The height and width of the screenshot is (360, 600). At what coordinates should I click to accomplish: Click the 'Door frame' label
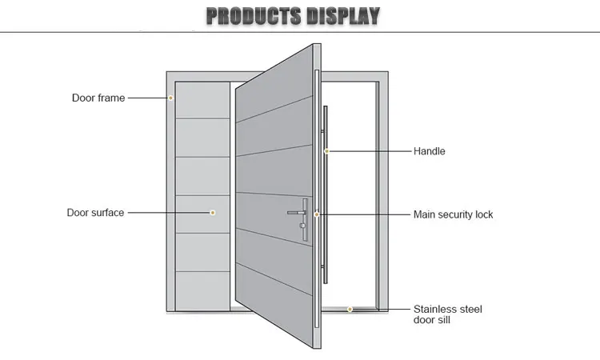pos(98,98)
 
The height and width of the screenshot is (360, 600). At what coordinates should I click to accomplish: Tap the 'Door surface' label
pos(94,213)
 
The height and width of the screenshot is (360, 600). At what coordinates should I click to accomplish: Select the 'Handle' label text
pos(429,151)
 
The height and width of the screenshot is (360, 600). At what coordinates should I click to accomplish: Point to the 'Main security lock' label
pos(453,214)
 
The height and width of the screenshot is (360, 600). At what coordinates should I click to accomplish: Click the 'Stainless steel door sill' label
pos(447,314)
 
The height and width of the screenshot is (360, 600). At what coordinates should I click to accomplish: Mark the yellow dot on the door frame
pos(170,98)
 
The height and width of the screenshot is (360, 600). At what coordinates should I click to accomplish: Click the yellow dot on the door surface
pos(213,213)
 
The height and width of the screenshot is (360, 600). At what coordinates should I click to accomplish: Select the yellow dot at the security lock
pos(317,214)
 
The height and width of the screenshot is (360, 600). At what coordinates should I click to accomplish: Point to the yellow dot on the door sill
pos(350,309)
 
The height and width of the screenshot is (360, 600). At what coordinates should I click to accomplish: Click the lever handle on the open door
pos(296,213)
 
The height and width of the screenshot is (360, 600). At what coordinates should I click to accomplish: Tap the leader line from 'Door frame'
pos(148,98)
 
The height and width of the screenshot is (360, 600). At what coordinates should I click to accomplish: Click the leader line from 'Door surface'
pos(168,213)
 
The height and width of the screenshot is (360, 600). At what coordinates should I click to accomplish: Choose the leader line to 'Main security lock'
pos(364,214)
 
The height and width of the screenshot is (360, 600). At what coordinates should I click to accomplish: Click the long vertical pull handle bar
pos(327,200)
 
